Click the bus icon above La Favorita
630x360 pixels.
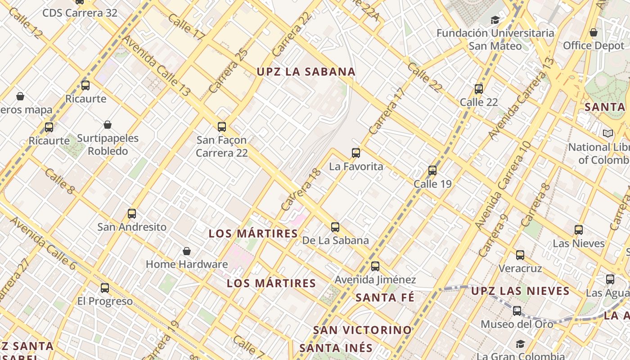(356, 153)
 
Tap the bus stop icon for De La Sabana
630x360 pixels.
(335, 227)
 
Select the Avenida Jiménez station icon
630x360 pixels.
(375, 266)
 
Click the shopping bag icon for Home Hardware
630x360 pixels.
(187, 251)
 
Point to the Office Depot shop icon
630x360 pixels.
(594, 32)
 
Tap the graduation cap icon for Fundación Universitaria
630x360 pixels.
(495, 20)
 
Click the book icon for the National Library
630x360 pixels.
(608, 134)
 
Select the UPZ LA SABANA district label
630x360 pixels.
(306, 72)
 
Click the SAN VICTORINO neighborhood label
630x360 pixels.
(362, 330)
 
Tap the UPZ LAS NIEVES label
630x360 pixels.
(520, 291)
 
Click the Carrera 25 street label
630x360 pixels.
(229, 71)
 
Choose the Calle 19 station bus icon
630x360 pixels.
(432, 171)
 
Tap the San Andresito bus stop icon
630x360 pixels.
(132, 214)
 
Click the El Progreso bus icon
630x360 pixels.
(105, 288)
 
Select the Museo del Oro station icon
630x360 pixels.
(517, 311)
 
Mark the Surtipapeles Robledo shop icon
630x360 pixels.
(108, 125)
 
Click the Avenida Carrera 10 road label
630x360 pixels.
(502, 185)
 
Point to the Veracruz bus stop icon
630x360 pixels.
(520, 255)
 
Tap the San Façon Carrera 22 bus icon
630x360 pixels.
(222, 127)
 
